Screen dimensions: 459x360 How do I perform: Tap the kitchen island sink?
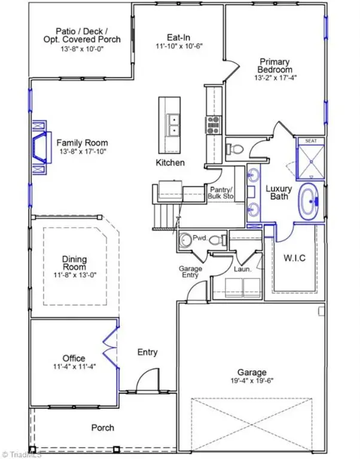pyautogui.click(x=174, y=124)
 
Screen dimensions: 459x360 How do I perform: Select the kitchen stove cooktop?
pyautogui.click(x=213, y=125)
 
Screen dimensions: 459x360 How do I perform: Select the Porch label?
pyautogui.click(x=102, y=428)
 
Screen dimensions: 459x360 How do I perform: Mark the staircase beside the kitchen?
pyautogui.click(x=164, y=212)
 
